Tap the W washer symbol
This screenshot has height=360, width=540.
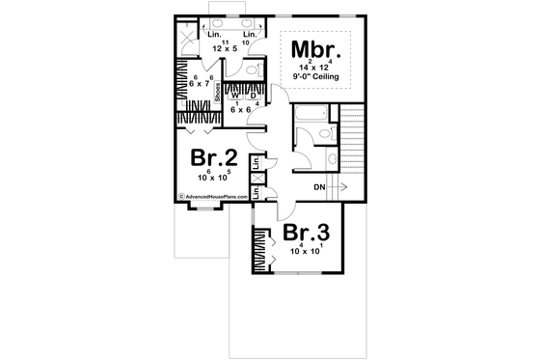pyautogui.click(x=234, y=96)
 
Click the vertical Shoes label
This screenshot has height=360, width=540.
pyautogui.click(x=218, y=91)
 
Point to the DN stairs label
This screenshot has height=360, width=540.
pyautogui.click(x=320, y=186)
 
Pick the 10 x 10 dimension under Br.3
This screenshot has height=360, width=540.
pyautogui.click(x=307, y=251)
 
